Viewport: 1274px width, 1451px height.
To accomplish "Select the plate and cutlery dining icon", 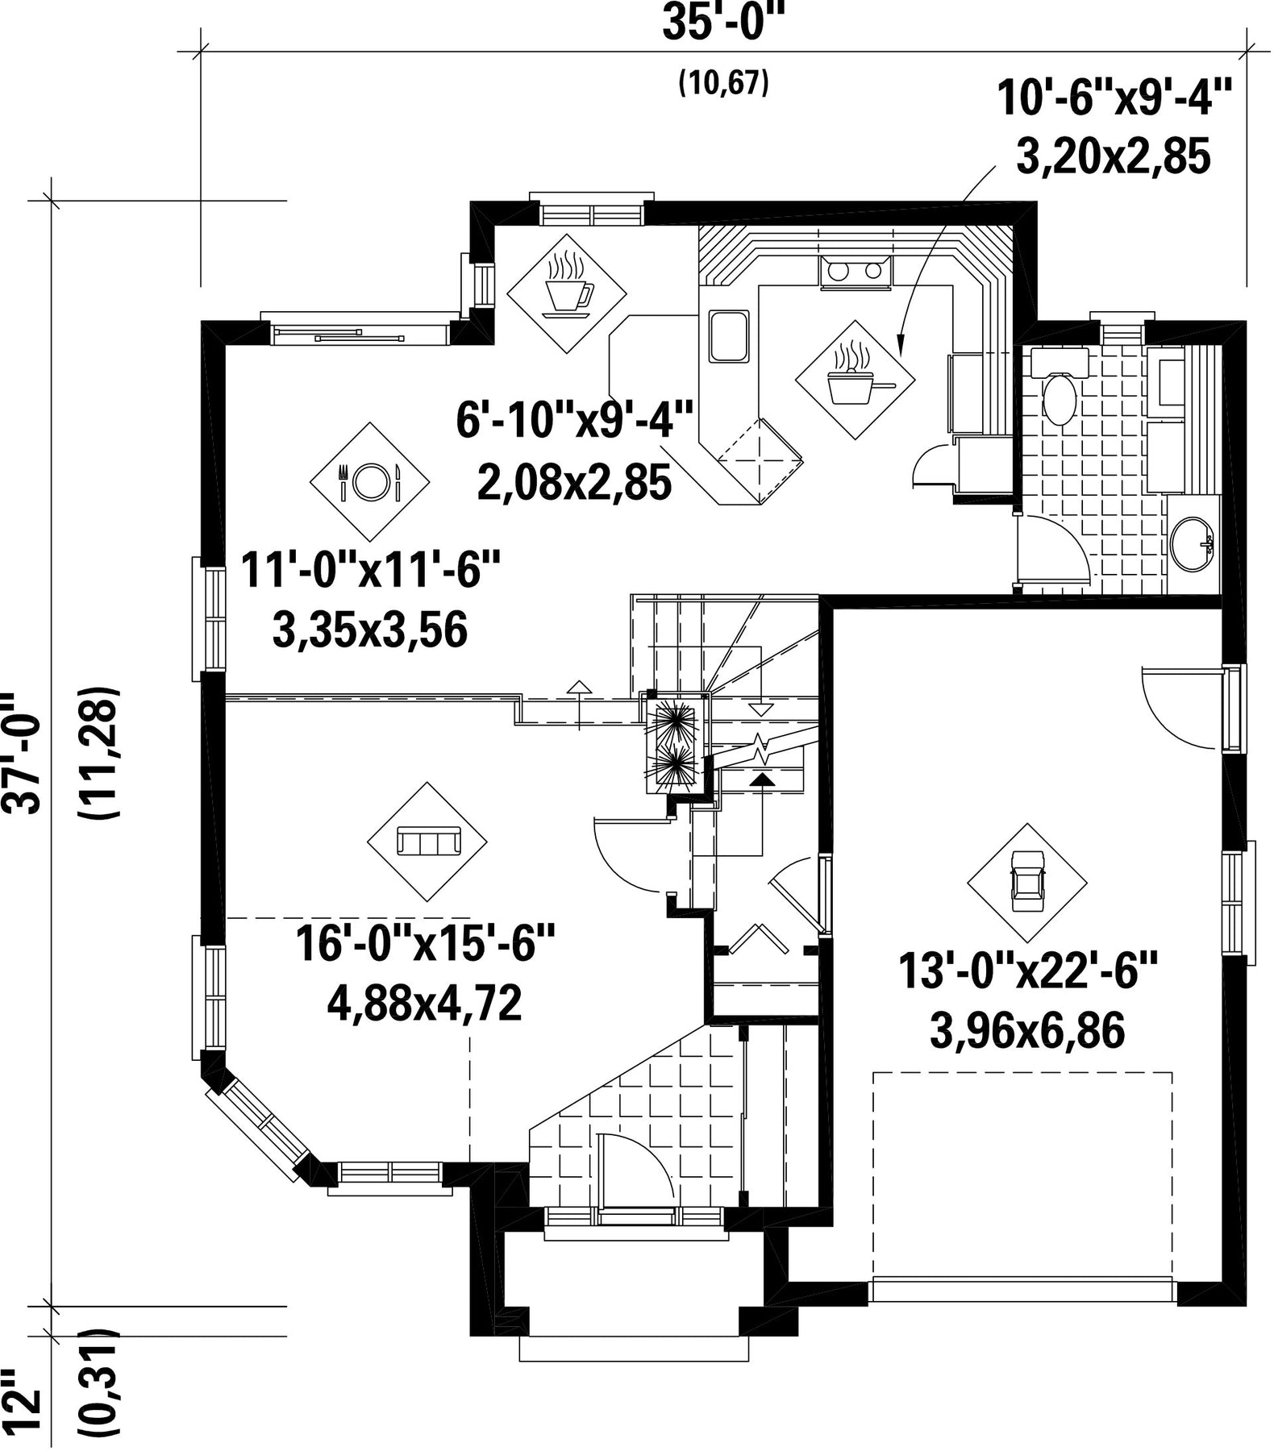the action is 369,481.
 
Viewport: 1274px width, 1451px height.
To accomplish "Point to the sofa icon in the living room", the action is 427,842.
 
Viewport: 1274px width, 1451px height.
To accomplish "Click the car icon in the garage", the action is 1027,882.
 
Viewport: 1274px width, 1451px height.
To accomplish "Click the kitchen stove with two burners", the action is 855,272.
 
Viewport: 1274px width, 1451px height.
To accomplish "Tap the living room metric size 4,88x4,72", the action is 424,1003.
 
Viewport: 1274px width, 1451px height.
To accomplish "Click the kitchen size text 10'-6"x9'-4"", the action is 1115,99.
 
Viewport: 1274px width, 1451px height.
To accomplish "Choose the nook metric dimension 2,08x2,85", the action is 575,483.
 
